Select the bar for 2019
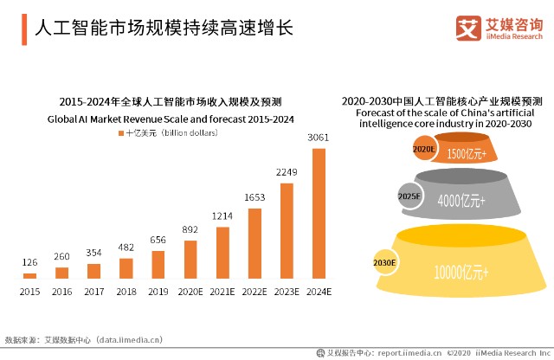pos(158,264)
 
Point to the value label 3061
pos(319,138)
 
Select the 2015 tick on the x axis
pos(29,292)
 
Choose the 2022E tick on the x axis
pos(254,292)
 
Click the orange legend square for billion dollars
pos(120,134)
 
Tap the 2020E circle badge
pos(423,149)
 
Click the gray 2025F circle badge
pos(409,196)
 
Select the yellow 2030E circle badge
pos(385,261)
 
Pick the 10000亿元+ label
pos(461,272)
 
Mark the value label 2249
pos(287,172)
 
